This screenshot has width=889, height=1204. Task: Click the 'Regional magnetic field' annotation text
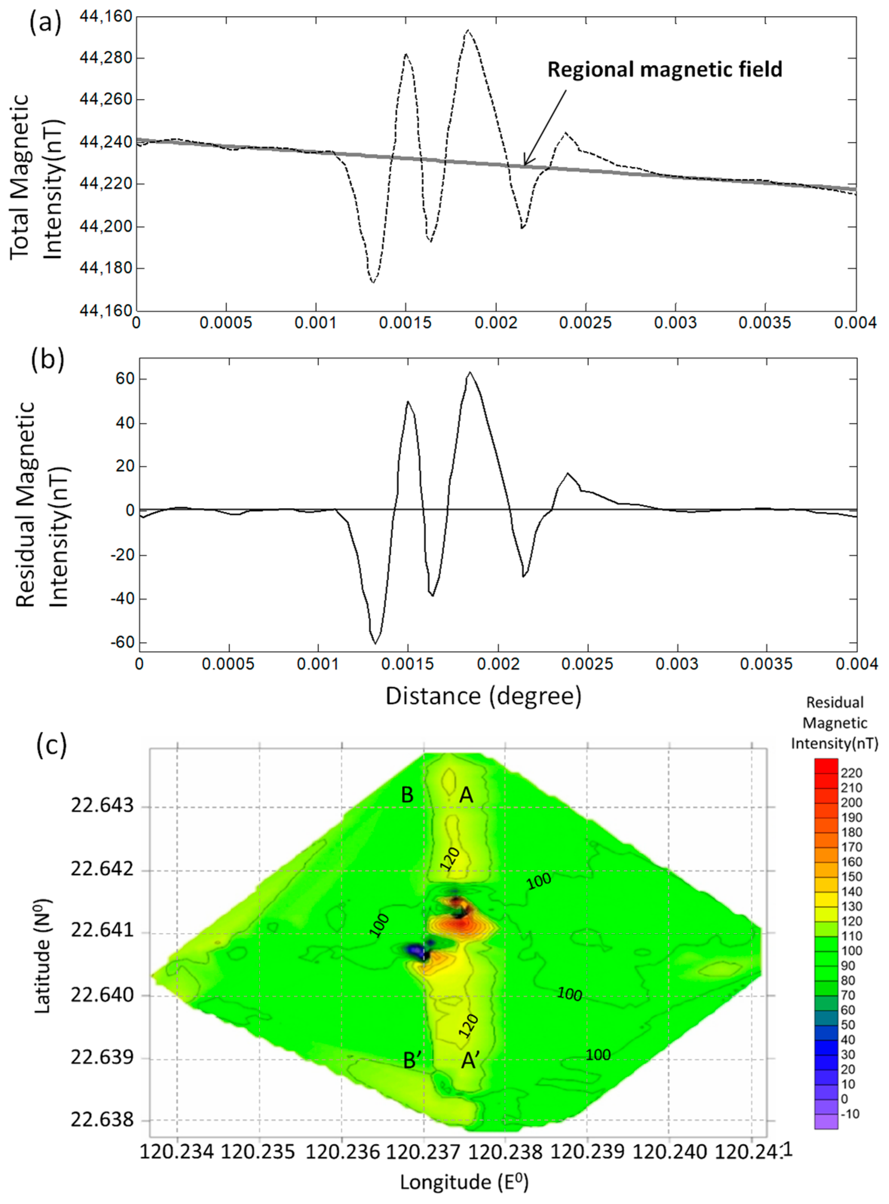click(665, 70)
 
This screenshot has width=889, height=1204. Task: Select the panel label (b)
click(47, 359)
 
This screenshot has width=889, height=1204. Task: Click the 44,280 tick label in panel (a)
click(106, 58)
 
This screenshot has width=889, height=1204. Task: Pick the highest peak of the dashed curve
click(468, 30)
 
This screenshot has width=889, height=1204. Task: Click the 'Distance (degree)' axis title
click(483, 696)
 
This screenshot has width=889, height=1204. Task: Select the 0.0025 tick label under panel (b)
click(587, 664)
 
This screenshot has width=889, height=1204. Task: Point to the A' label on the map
click(471, 1061)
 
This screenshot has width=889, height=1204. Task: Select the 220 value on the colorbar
click(851, 773)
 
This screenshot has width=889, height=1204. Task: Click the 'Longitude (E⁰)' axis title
click(464, 1181)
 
